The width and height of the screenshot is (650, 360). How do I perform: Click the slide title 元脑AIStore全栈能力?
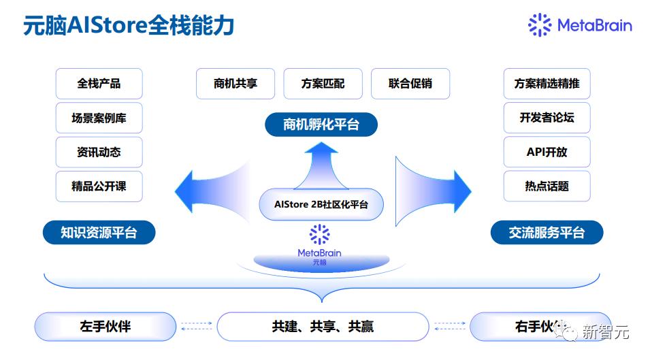129,26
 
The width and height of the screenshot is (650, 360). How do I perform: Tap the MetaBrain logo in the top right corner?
580,25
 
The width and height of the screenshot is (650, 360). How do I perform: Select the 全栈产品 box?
99,84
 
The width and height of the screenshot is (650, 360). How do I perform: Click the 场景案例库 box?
99,118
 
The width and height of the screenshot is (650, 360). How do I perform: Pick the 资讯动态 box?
99,152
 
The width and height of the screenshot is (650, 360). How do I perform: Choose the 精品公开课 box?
99,186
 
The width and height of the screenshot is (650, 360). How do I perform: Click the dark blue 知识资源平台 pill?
99,233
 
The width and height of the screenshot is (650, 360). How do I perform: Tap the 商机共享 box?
235,84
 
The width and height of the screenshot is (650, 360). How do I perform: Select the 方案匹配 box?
323,84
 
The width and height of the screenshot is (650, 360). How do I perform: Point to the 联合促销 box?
410,84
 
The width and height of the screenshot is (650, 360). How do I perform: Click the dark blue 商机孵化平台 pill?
321,125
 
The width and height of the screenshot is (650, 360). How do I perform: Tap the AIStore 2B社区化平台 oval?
321,204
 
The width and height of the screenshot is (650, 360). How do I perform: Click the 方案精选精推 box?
547,84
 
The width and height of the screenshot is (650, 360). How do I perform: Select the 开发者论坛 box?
547,118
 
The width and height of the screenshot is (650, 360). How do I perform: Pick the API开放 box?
547,152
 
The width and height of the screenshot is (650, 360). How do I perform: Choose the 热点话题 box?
547,186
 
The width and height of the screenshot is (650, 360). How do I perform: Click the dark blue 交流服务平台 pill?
547,233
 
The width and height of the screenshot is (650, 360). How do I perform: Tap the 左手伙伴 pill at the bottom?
105,327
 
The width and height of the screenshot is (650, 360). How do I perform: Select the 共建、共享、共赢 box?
323,327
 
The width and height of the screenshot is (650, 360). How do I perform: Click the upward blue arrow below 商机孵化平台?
321,167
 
